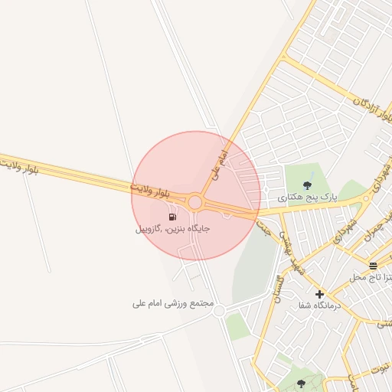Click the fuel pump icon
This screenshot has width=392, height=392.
click(x=171, y=217)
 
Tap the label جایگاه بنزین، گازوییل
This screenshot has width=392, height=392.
click(x=173, y=228)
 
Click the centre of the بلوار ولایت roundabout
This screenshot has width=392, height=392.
click(x=195, y=203)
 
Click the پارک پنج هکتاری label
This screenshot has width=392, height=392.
click(x=307, y=198)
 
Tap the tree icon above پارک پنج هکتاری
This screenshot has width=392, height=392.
click(x=308, y=185)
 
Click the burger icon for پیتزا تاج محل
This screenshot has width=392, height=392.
click(x=373, y=266)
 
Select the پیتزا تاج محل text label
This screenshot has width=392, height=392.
click(x=371, y=276)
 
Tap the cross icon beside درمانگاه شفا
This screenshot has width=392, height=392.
click(x=319, y=293)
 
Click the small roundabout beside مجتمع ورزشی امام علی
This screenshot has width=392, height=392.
click(x=219, y=311)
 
